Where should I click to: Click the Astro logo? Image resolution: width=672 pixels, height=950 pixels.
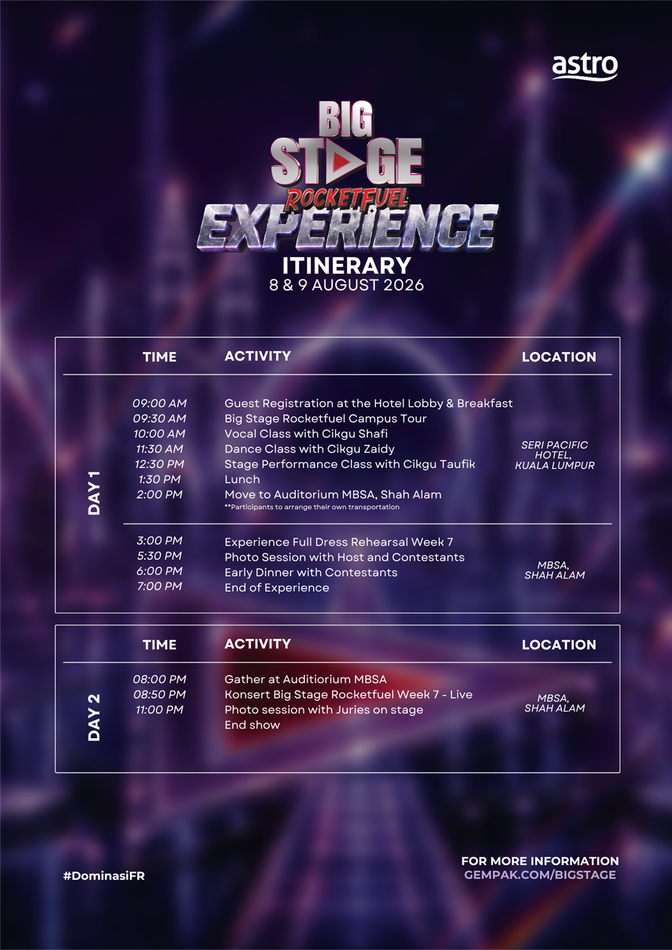(x=585, y=68)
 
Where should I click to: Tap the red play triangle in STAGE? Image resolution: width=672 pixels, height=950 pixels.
(x=344, y=161)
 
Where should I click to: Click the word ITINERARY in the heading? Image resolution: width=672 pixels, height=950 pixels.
(x=346, y=266)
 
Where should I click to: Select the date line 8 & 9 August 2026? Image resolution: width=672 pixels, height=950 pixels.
(x=346, y=285)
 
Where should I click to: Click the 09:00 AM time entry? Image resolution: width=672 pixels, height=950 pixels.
(x=159, y=403)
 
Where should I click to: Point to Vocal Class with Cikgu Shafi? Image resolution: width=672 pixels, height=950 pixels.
(x=306, y=434)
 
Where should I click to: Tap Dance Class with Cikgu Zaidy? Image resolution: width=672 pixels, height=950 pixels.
(x=309, y=449)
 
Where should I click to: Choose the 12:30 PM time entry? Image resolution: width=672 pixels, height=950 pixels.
(x=159, y=464)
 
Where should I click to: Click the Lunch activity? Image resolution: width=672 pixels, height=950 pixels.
(x=241, y=479)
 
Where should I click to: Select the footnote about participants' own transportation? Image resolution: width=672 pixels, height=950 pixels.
(x=312, y=506)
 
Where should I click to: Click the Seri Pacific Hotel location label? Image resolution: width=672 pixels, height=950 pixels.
(x=555, y=455)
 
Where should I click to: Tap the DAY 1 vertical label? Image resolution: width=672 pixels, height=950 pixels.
(x=94, y=493)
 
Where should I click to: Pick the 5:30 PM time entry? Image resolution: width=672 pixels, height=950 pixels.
(x=159, y=556)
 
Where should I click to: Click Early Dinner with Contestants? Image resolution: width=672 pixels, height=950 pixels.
(x=311, y=573)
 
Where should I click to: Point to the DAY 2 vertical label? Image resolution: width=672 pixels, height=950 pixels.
(x=94, y=718)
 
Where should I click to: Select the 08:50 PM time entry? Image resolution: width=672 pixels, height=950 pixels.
(x=159, y=694)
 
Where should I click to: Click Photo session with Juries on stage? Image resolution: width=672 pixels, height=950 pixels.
(x=324, y=709)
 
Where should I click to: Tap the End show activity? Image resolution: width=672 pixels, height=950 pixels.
(x=252, y=725)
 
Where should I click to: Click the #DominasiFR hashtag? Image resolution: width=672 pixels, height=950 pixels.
(x=104, y=876)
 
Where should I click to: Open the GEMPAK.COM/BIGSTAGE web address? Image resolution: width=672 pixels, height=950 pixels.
(x=539, y=875)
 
